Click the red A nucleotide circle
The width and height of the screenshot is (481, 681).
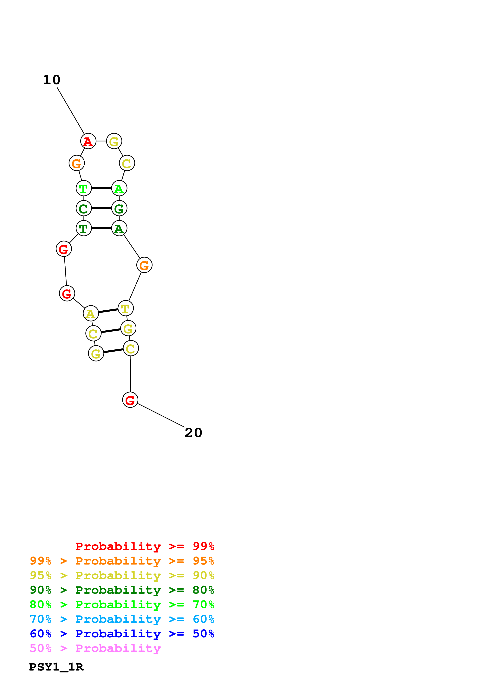(88, 141)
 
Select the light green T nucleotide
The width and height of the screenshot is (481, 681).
(84, 188)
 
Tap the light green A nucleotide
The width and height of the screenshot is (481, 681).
(119, 188)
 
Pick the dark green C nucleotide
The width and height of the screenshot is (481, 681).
(84, 208)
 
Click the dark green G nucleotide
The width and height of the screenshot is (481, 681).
(119, 208)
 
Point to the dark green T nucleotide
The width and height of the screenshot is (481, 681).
(84, 228)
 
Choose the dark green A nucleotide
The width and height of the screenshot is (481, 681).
(119, 228)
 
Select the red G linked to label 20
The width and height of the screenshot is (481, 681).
(130, 400)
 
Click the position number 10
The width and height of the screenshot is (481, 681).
(52, 80)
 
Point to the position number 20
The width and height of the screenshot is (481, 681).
(193, 433)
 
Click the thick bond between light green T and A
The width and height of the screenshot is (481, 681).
(101, 188)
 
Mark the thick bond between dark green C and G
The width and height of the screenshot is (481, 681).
(101, 208)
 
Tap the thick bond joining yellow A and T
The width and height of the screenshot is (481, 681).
(108, 311)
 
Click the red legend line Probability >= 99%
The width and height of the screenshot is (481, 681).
(145, 546)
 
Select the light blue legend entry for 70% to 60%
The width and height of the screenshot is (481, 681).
(122, 619)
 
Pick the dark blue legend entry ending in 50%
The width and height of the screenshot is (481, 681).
(122, 634)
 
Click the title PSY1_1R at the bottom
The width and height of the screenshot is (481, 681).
(56, 667)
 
